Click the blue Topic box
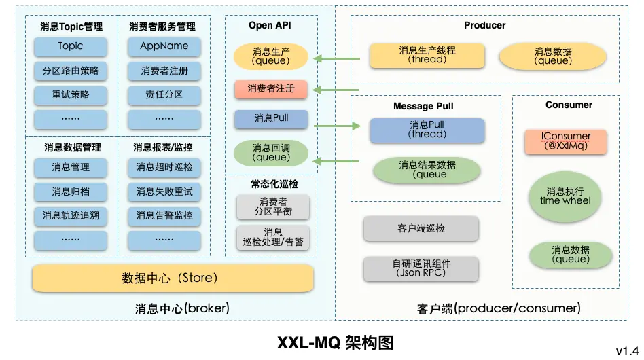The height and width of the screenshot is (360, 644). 71,46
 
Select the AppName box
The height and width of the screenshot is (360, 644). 164,46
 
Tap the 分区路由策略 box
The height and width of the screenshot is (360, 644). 71,71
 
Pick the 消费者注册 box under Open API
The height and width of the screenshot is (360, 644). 271,89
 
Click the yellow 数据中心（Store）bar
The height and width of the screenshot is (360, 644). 173,278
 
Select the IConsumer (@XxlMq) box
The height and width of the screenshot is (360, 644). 566,141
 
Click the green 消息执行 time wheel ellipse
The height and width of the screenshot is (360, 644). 566,196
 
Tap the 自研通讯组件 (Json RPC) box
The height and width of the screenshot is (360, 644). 421,268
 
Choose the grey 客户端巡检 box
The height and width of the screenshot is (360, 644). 421,229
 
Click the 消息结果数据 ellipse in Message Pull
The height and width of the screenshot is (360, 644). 427,169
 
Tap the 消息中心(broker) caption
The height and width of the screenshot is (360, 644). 182,308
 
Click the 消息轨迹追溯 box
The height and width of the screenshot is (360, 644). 71,215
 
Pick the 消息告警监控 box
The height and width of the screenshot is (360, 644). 164,215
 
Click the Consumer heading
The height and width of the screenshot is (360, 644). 569,105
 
